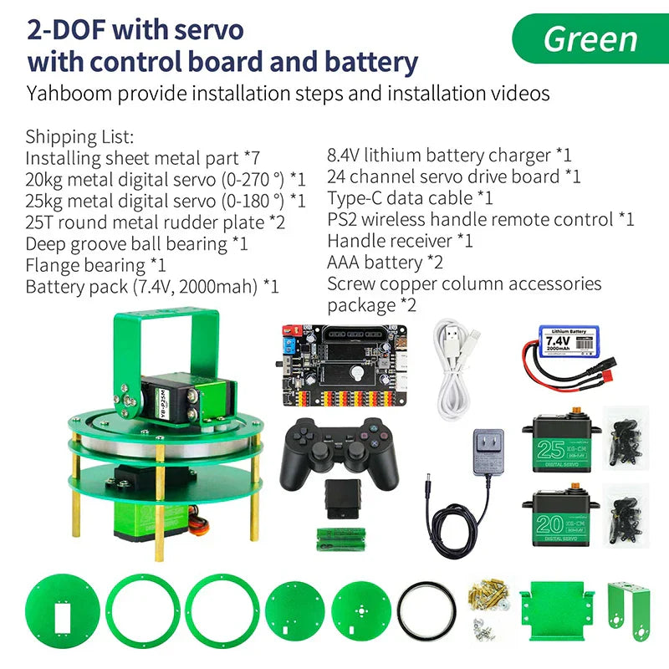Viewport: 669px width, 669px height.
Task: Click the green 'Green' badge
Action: coord(590,38)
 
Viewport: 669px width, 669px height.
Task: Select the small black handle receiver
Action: coord(342,498)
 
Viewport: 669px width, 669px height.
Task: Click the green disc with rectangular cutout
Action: coord(63,616)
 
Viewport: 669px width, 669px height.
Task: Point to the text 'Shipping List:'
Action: coord(79,136)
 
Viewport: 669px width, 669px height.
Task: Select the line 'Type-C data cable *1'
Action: coord(410,198)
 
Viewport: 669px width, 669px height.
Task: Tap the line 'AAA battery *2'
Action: coord(386,263)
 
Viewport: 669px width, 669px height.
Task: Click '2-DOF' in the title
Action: coord(66,30)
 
